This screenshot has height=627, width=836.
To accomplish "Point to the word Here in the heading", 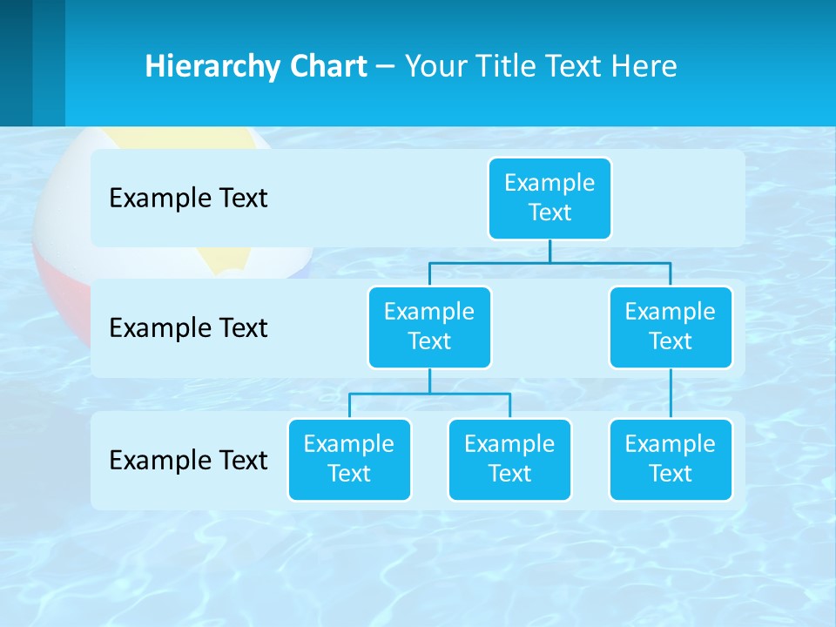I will [644, 66].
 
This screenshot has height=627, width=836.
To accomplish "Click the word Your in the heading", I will [436, 66].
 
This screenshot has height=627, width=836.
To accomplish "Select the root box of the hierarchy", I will [549, 198].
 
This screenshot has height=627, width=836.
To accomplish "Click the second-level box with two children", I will [429, 327].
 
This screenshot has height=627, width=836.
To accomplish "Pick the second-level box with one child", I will [671, 327].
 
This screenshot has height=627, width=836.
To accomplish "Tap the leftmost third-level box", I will [349, 459].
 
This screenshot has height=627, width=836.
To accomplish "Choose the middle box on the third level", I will [509, 459].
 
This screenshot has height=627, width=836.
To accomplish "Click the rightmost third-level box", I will [671, 459].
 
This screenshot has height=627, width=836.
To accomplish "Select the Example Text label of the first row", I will [188, 199].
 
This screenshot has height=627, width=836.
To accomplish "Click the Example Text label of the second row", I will [188, 328].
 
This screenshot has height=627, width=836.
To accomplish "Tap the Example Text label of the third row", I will [188, 460].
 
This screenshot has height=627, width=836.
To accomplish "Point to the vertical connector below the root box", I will [549, 251].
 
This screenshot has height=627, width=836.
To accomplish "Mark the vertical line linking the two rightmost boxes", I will [671, 394].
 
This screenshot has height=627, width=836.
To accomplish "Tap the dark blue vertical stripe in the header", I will [16, 63].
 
